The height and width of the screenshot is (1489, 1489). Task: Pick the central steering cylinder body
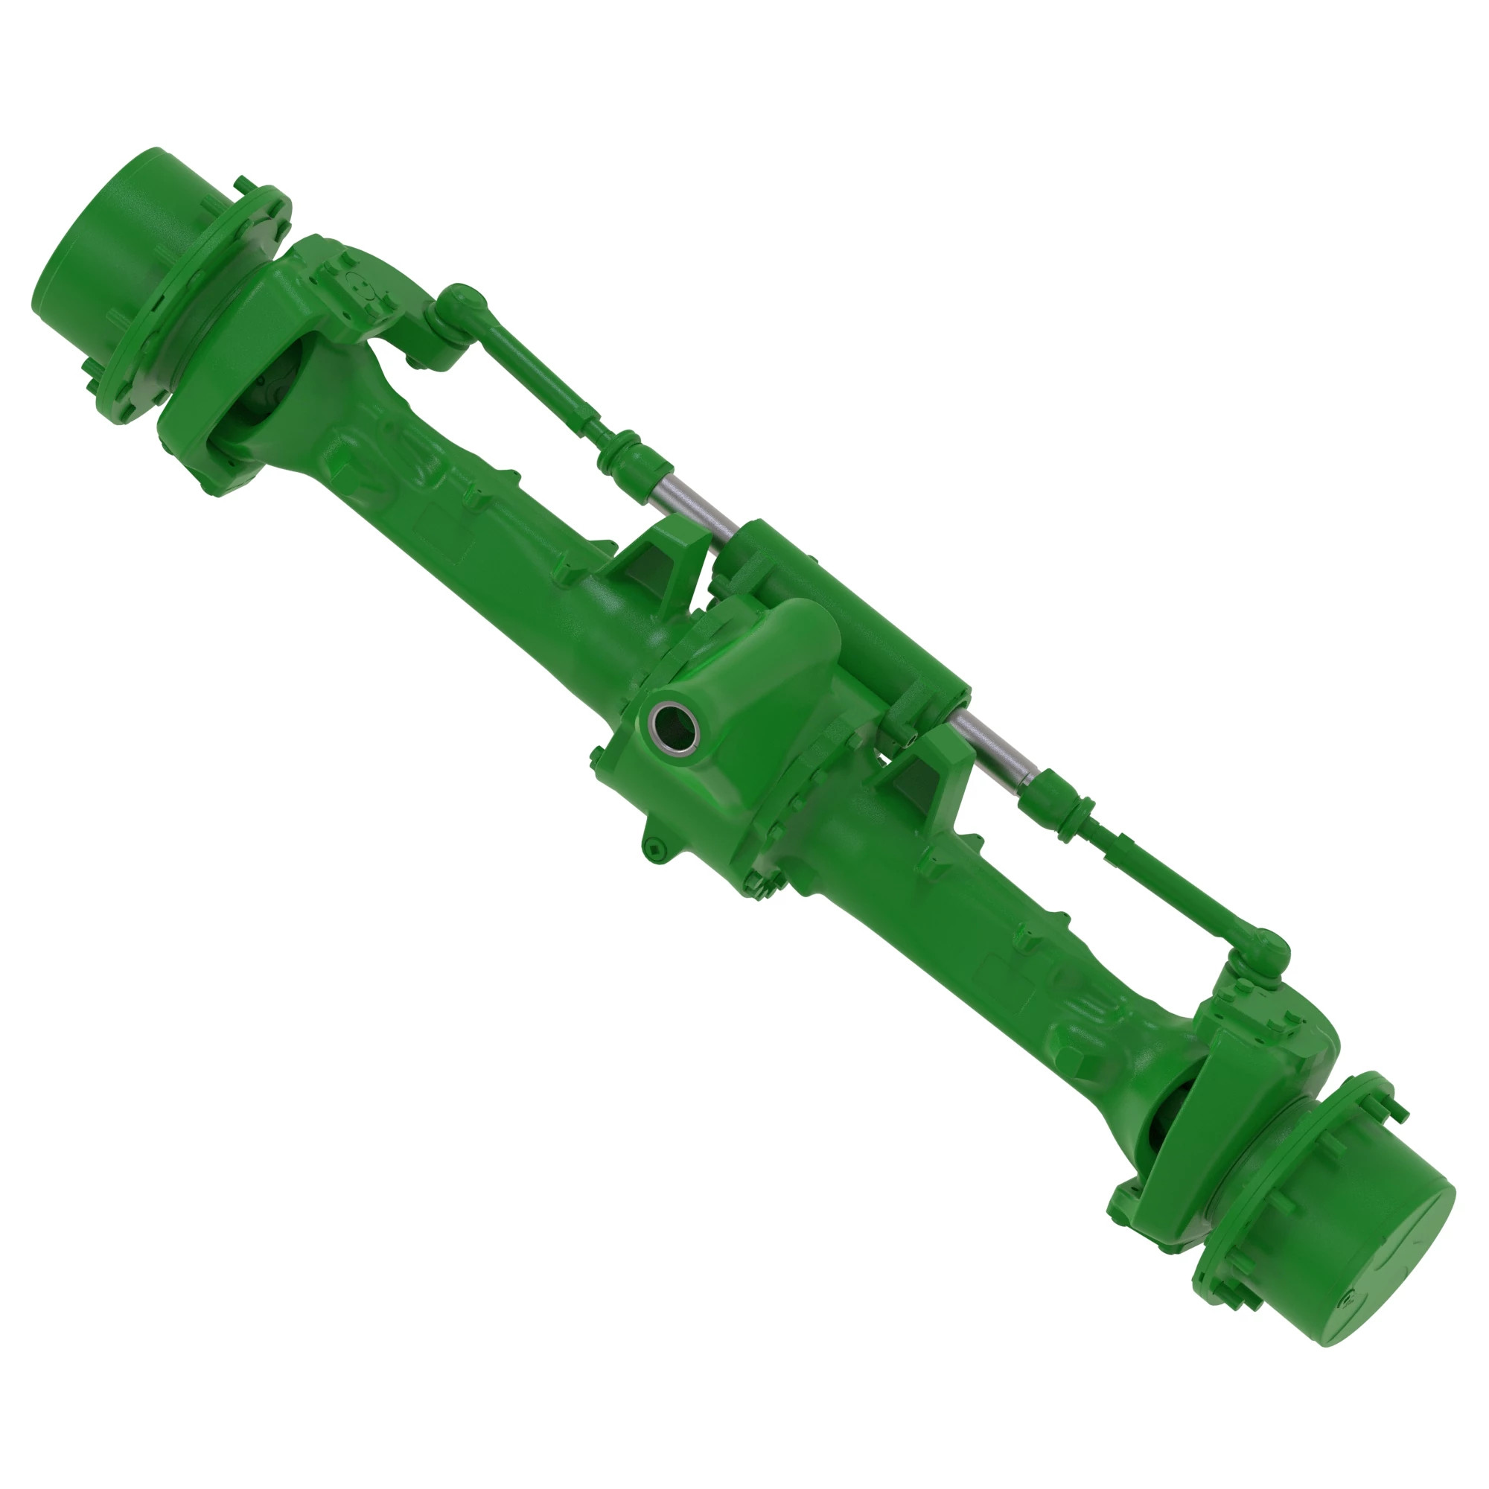848,609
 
